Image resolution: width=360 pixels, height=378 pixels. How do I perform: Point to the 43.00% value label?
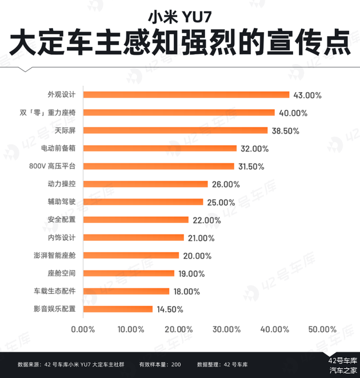(x=307, y=95)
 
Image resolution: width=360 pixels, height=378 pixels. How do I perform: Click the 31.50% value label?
(x=252, y=166)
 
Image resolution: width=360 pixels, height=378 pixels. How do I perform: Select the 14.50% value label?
(x=169, y=309)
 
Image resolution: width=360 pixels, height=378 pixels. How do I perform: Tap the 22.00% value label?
(x=206, y=220)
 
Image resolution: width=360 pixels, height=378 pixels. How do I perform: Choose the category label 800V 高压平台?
(x=56, y=166)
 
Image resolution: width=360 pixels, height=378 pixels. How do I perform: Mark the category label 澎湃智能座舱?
(x=58, y=256)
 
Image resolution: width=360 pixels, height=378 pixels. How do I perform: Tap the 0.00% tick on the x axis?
(x=83, y=329)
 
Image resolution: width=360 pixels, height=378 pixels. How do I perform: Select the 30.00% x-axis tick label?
(x=227, y=329)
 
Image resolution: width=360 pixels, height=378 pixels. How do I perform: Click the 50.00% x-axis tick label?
(x=322, y=329)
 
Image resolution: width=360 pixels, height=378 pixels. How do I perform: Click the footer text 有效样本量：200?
(x=160, y=364)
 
